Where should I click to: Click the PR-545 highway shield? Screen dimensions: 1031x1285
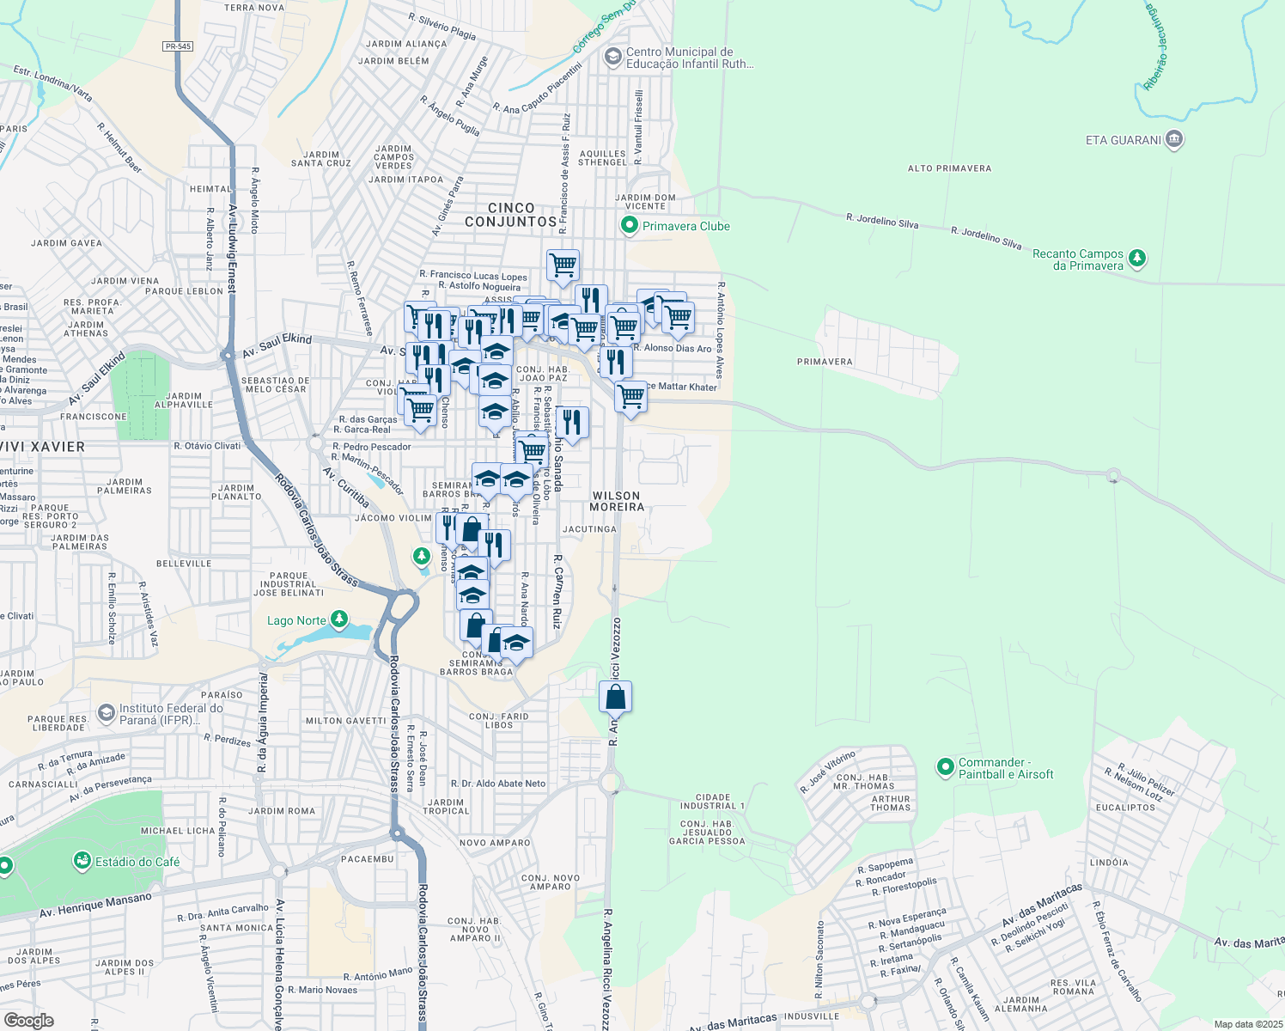click(178, 46)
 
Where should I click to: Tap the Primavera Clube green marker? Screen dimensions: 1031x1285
click(630, 226)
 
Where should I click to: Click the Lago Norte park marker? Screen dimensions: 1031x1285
click(339, 619)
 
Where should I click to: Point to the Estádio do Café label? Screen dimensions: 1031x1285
click(137, 862)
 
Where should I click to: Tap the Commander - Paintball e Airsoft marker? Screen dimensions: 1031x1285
click(946, 766)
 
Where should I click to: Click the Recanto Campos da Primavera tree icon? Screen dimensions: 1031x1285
click(1137, 257)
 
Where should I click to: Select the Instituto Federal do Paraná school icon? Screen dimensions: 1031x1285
click(106, 712)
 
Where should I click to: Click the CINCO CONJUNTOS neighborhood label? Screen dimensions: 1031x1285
click(511, 215)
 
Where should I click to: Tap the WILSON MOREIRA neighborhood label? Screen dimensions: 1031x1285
click(617, 502)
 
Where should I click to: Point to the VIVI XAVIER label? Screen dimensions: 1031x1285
click(43, 447)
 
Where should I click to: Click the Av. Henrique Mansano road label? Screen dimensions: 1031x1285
click(95, 906)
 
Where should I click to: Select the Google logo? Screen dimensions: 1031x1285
click(28, 1020)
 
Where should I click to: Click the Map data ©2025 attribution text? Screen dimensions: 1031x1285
click(1247, 1024)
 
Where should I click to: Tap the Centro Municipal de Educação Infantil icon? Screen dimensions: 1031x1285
click(612, 57)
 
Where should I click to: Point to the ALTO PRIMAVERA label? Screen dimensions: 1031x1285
click(949, 168)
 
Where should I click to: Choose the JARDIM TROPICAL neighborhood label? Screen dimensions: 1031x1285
click(447, 807)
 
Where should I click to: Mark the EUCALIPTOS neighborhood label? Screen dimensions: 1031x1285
click(1125, 808)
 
